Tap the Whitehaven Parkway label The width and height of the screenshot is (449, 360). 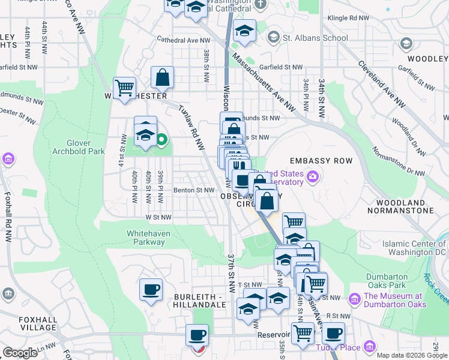coord(145,238)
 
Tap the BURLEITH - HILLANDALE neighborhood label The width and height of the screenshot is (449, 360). coord(200,301)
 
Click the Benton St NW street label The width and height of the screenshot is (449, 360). coord(194,190)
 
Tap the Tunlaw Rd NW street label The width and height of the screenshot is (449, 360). coord(191,125)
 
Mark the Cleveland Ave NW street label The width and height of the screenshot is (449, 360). coord(382,85)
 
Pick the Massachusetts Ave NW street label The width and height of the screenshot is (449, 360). coord(264,83)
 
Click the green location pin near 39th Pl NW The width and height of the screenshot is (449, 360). coord(161,141)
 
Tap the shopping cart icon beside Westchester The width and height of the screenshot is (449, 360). coord(124,88)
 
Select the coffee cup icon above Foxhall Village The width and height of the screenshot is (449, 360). coord(151,290)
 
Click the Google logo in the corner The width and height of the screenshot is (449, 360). coord(20,353)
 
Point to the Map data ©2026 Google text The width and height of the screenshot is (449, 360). coord(411,355)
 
